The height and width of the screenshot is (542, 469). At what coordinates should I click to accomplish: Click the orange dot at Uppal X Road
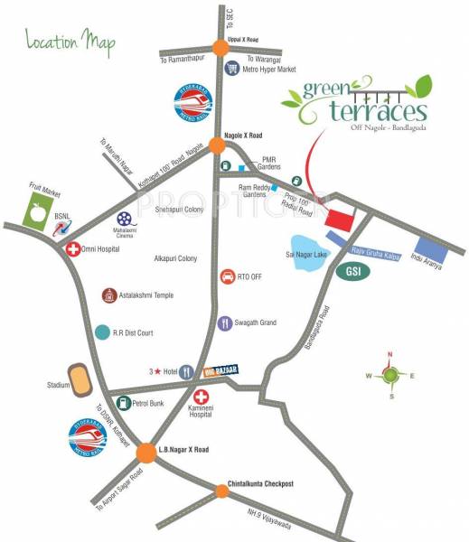220,49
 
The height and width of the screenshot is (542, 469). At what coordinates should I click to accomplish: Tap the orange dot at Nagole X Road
217,144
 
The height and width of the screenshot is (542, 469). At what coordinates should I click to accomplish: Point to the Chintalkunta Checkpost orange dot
221,491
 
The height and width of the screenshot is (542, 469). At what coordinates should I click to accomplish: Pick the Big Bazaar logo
214,369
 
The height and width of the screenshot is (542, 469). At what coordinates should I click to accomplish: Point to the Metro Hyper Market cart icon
232,68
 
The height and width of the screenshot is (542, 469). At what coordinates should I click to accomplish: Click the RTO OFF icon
227,276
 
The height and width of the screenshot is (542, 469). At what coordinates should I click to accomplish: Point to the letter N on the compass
389,354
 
